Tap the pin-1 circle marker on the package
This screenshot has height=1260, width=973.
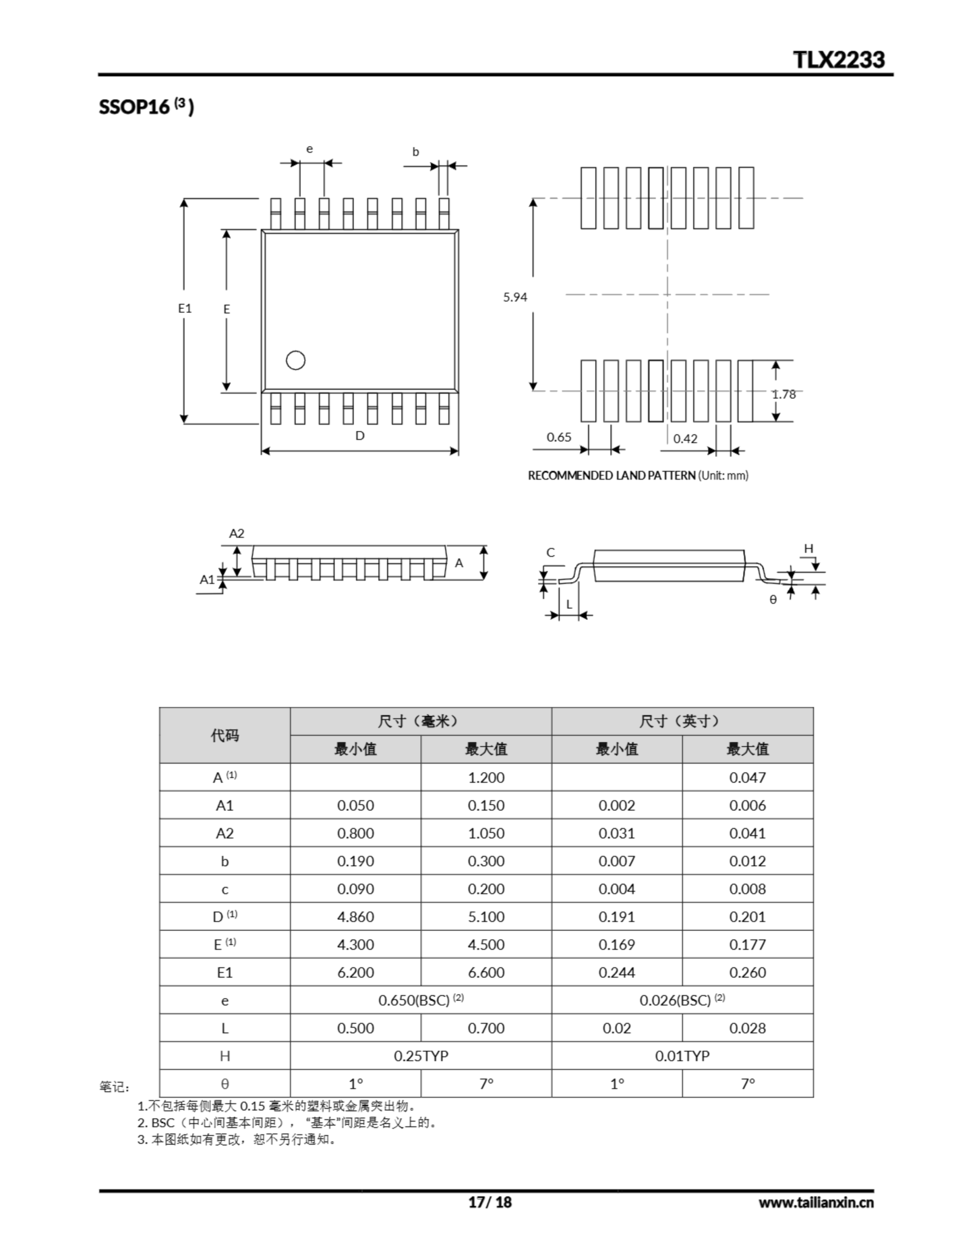tap(295, 361)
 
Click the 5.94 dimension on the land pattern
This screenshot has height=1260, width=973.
tap(515, 297)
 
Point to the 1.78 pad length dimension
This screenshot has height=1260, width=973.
tap(784, 394)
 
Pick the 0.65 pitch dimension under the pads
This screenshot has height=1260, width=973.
tap(559, 437)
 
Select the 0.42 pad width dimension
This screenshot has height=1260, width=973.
tap(685, 439)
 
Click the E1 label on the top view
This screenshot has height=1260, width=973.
tap(184, 308)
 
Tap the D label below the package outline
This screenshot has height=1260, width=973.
tap(360, 436)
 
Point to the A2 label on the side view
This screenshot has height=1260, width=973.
tap(237, 533)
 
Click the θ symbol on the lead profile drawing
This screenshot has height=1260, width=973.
tap(773, 599)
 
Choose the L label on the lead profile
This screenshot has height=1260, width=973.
tap(569, 604)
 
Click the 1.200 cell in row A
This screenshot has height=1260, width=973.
tap(486, 777)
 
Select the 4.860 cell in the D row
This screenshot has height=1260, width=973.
tap(355, 917)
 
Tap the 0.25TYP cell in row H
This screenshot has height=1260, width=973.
tap(421, 1056)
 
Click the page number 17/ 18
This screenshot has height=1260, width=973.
tap(489, 1202)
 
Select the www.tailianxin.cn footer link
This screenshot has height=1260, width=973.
tap(816, 1202)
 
